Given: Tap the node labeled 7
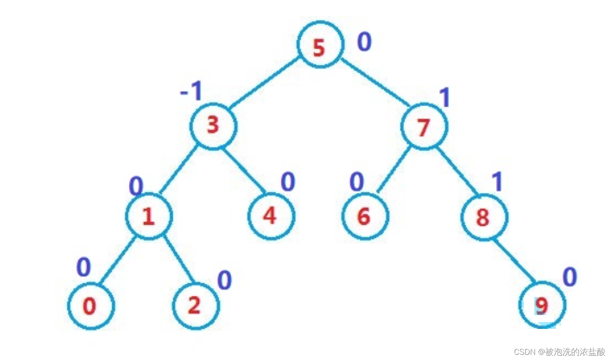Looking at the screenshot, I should [425, 126].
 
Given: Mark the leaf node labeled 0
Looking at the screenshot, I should [91, 306].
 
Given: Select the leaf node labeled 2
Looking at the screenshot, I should [196, 306].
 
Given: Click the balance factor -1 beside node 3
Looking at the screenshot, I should [191, 92].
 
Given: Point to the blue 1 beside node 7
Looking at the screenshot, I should [444, 98].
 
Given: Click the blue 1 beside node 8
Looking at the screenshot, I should [498, 182].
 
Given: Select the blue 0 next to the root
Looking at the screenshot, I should [364, 42].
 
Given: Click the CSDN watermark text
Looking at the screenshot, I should [559, 352].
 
